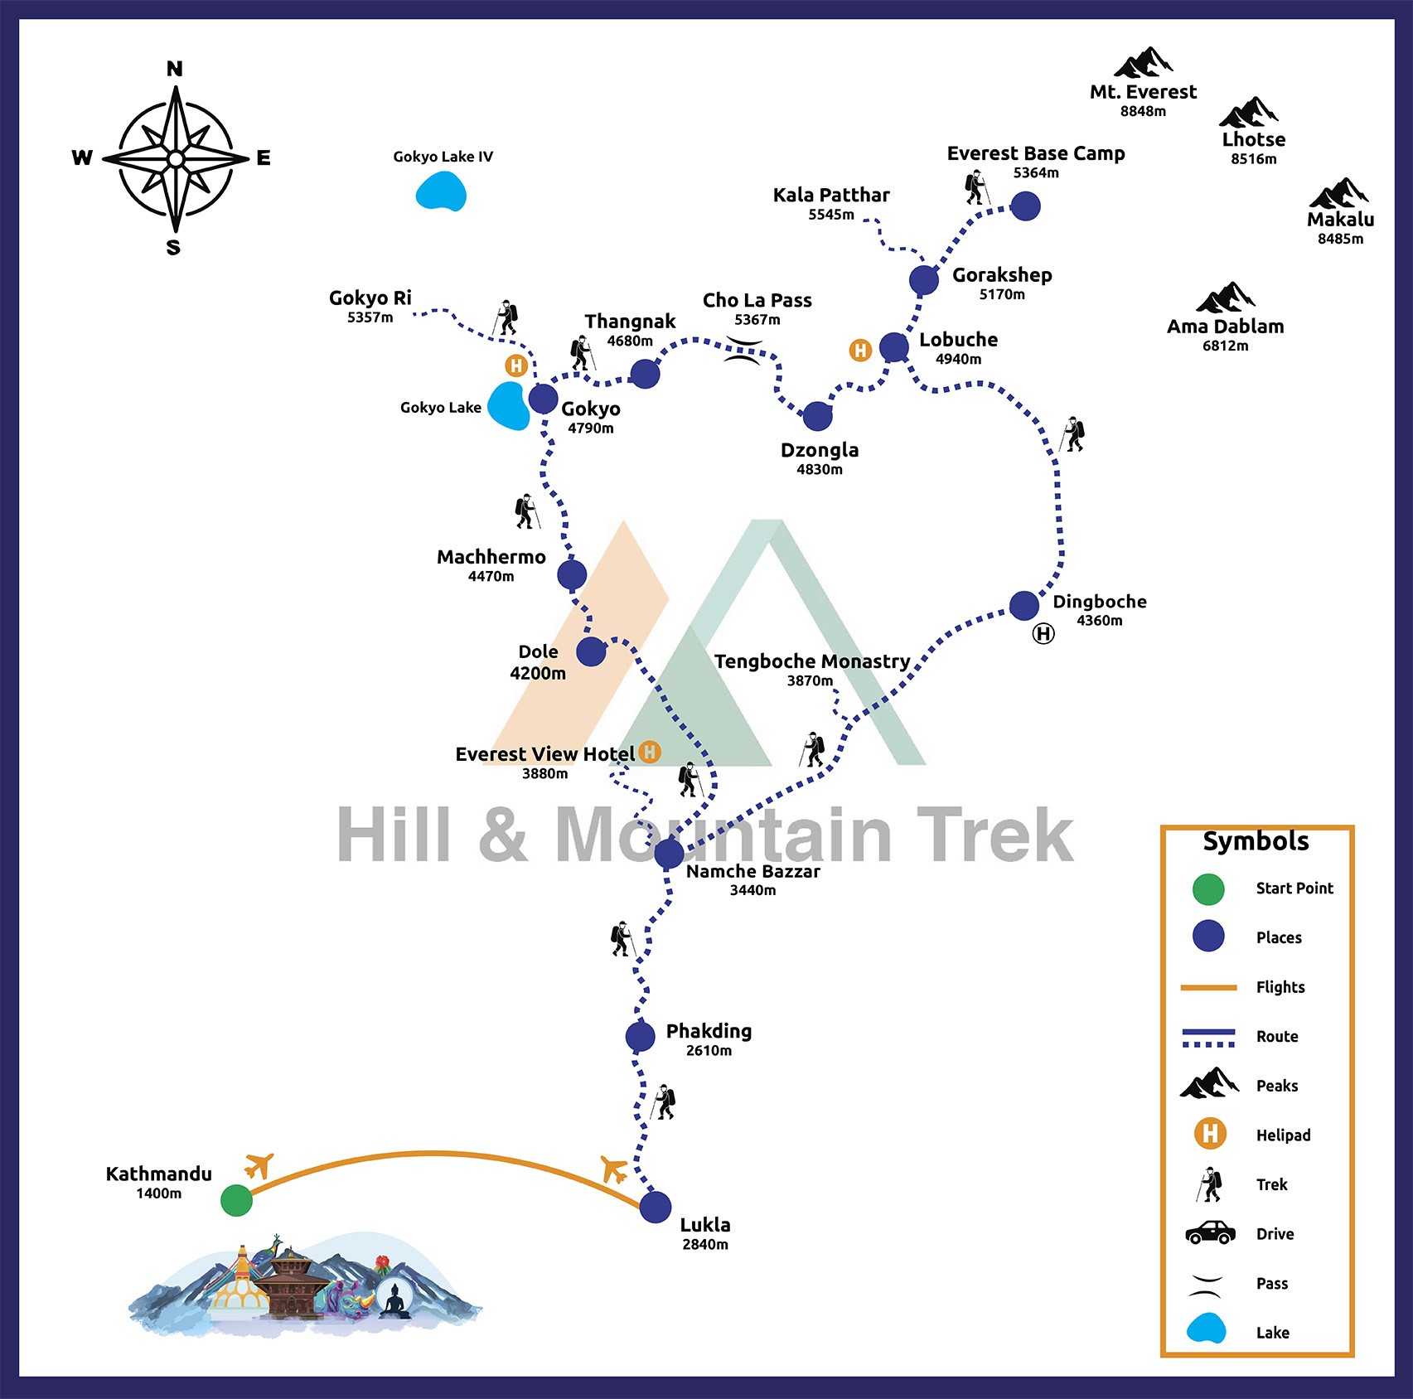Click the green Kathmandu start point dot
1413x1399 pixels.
[236, 1200]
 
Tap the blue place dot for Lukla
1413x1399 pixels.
[655, 1207]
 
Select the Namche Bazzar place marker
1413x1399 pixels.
[669, 853]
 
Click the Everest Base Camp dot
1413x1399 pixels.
[1025, 206]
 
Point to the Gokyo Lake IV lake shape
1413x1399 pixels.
[441, 191]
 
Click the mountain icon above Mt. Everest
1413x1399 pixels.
[1143, 62]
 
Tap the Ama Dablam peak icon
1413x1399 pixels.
[1225, 297]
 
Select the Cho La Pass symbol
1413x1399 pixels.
[743, 351]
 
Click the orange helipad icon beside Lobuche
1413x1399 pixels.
[860, 351]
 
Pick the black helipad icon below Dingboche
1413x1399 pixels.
[1043, 634]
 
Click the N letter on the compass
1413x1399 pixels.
[174, 69]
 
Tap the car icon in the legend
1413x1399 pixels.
[1210, 1232]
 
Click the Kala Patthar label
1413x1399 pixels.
[830, 196]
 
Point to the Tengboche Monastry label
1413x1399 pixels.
[811, 661]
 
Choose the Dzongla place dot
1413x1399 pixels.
[817, 416]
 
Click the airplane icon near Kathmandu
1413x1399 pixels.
[259, 1165]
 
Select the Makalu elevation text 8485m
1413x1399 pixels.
[1340, 240]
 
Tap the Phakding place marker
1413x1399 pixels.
[640, 1036]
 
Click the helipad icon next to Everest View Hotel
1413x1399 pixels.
[650, 753]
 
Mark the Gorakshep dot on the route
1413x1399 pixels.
[923, 280]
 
